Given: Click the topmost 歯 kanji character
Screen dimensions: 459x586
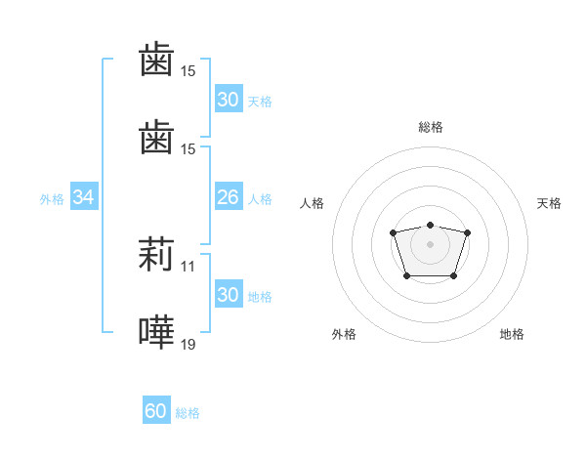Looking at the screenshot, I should pyautogui.click(x=156, y=61).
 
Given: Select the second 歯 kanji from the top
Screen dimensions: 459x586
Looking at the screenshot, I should pyautogui.click(x=156, y=139).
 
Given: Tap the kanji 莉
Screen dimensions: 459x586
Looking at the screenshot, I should pyautogui.click(x=156, y=255).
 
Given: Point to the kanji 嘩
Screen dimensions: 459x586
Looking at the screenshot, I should pyautogui.click(x=156, y=333).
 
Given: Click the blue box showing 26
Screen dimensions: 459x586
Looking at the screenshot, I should pyautogui.click(x=228, y=197).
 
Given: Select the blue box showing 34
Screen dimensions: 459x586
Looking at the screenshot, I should pyautogui.click(x=83, y=197).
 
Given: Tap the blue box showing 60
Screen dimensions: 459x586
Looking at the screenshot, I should pyautogui.click(x=156, y=411).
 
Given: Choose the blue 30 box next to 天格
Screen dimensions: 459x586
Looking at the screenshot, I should pyautogui.click(x=228, y=100).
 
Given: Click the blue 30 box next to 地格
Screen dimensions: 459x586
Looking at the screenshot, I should pyautogui.click(x=228, y=295).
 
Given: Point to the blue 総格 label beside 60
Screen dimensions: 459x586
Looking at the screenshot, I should pyautogui.click(x=188, y=413).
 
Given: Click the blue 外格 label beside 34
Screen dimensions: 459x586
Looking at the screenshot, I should pyautogui.click(x=52, y=198).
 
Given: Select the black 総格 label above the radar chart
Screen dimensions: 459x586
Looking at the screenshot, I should pyautogui.click(x=431, y=127).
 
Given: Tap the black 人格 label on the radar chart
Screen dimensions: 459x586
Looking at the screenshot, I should pyautogui.click(x=313, y=203).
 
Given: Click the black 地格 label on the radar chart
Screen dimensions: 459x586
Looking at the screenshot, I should pyautogui.click(x=512, y=334).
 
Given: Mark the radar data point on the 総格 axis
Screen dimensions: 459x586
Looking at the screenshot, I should pyautogui.click(x=431, y=225).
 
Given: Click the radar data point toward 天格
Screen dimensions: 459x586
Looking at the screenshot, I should pyautogui.click(x=468, y=232).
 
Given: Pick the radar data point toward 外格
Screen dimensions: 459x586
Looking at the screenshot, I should pyautogui.click(x=407, y=276).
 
